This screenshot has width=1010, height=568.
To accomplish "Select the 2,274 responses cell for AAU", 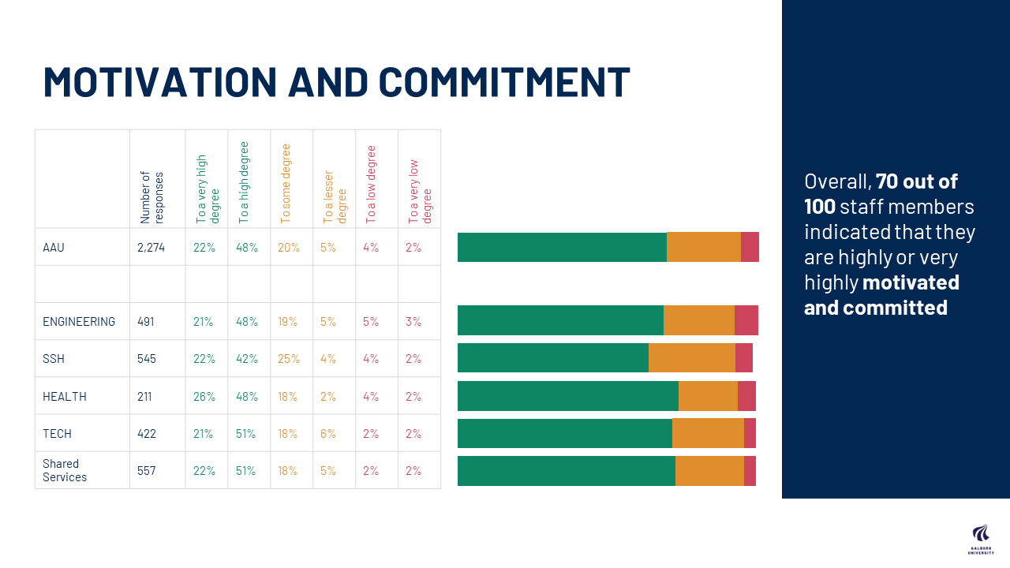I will [151, 247].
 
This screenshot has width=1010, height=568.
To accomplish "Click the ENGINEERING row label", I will [79, 321].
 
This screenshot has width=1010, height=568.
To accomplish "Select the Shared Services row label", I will [65, 470].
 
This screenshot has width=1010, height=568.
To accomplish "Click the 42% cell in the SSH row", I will [246, 359].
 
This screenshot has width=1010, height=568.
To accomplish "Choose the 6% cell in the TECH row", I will [327, 433].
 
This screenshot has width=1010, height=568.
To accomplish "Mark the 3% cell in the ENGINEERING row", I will [413, 321].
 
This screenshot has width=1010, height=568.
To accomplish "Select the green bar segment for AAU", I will [562, 247].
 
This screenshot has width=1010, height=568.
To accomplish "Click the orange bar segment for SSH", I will [691, 358].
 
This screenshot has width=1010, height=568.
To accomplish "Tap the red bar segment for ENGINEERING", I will [746, 320].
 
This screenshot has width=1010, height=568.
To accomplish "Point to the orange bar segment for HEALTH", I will [707, 396].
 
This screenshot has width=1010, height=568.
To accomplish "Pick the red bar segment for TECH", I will [750, 433].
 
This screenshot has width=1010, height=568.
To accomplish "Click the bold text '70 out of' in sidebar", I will [916, 181].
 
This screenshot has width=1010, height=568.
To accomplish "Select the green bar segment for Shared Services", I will [566, 471].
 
